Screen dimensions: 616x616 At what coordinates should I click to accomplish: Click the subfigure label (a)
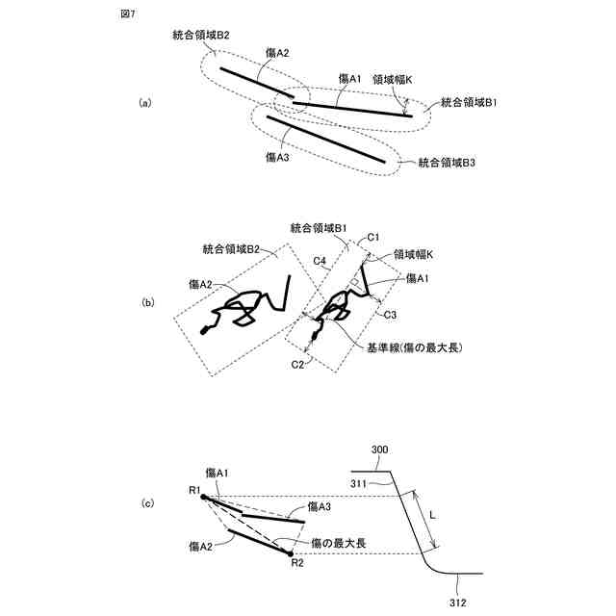pyautogui.click(x=145, y=102)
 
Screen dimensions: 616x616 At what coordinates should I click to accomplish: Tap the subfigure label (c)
pyautogui.click(x=147, y=503)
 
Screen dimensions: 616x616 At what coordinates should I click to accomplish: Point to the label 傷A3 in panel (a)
pyautogui.click(x=277, y=157)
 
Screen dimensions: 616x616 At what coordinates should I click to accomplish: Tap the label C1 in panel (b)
pyautogui.click(x=374, y=237)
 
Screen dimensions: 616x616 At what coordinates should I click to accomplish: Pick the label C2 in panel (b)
pyautogui.click(x=298, y=365)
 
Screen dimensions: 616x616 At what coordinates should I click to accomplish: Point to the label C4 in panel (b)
pyautogui.click(x=321, y=261)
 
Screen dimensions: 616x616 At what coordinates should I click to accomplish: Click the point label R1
pyautogui.click(x=193, y=492)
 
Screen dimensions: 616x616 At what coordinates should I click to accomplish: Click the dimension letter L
pyautogui.click(x=433, y=516)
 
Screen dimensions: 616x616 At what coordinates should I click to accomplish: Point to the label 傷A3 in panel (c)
pyautogui.click(x=321, y=505)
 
